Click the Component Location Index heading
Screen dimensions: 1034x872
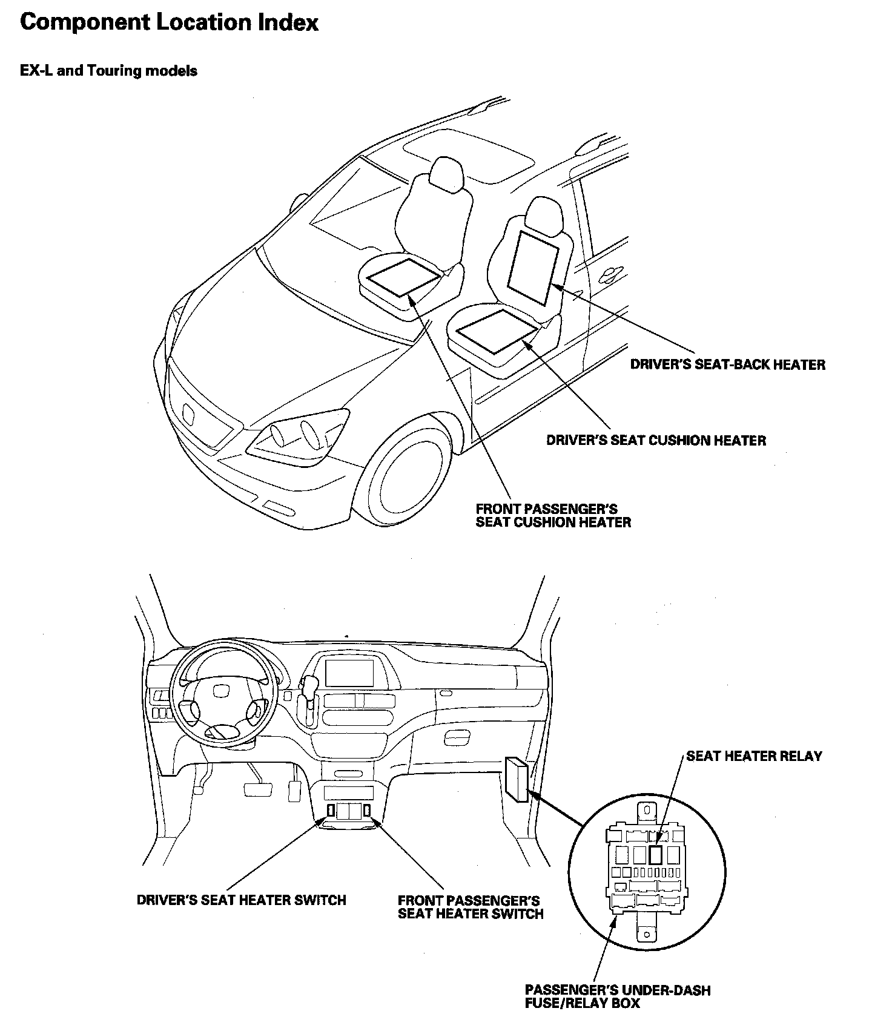(x=169, y=23)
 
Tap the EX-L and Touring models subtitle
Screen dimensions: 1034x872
(x=108, y=71)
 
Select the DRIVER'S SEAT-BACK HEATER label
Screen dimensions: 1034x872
(x=727, y=364)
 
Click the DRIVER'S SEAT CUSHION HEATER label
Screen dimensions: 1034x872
(x=656, y=440)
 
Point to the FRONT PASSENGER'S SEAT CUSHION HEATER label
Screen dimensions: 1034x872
(x=553, y=515)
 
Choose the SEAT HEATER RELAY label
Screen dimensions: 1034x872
(x=754, y=756)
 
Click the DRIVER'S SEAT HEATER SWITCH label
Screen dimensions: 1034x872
(x=241, y=900)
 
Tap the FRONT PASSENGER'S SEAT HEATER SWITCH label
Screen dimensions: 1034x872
(x=471, y=907)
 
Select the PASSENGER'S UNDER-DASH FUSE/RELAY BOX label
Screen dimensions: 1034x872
(x=617, y=996)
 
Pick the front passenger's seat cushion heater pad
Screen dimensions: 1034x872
(x=404, y=276)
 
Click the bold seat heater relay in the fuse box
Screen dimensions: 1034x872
(x=655, y=854)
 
